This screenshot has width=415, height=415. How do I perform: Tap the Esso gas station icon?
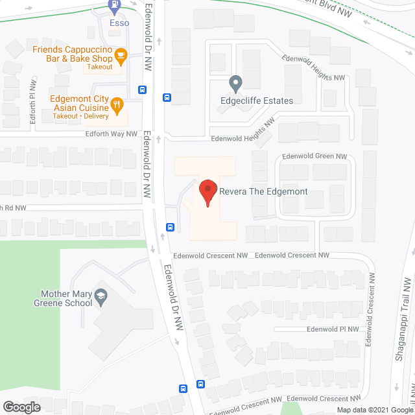coord(115,7)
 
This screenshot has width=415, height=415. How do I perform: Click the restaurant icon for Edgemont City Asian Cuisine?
coord(117,104)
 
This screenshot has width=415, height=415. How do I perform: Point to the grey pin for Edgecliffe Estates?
coord(236,84)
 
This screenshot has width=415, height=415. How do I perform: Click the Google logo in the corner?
coord(21,407)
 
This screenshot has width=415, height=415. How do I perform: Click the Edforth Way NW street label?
coord(112,134)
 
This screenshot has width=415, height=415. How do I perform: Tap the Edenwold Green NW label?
coord(314,156)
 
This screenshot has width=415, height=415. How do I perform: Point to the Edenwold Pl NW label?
coord(333,329)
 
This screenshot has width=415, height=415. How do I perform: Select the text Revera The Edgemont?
coord(263,192)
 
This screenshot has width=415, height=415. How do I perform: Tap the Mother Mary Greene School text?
coord(65,298)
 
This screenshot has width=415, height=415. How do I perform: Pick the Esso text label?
coord(119,23)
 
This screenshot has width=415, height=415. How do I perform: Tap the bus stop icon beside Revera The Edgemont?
coord(170,227)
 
